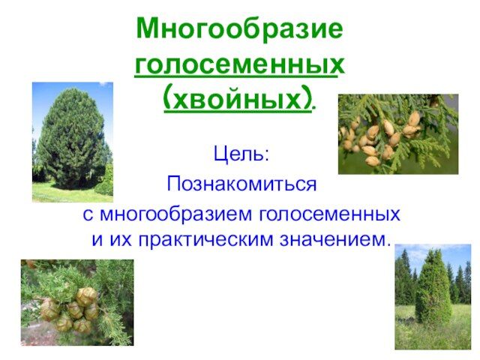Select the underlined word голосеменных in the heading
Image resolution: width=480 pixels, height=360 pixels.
click(x=239, y=65)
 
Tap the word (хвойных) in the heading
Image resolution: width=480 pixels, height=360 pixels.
click(x=238, y=98)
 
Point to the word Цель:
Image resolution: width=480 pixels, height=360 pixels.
click(x=241, y=154)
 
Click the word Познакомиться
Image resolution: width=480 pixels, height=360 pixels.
click(x=241, y=184)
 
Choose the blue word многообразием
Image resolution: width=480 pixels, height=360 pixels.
click(x=175, y=214)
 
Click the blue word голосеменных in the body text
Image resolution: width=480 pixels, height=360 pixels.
click(x=330, y=214)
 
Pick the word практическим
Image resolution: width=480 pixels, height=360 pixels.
click(x=205, y=240)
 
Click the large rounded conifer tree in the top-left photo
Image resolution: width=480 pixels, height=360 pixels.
click(x=70, y=138)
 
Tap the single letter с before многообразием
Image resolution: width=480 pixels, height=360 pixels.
click(x=88, y=215)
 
